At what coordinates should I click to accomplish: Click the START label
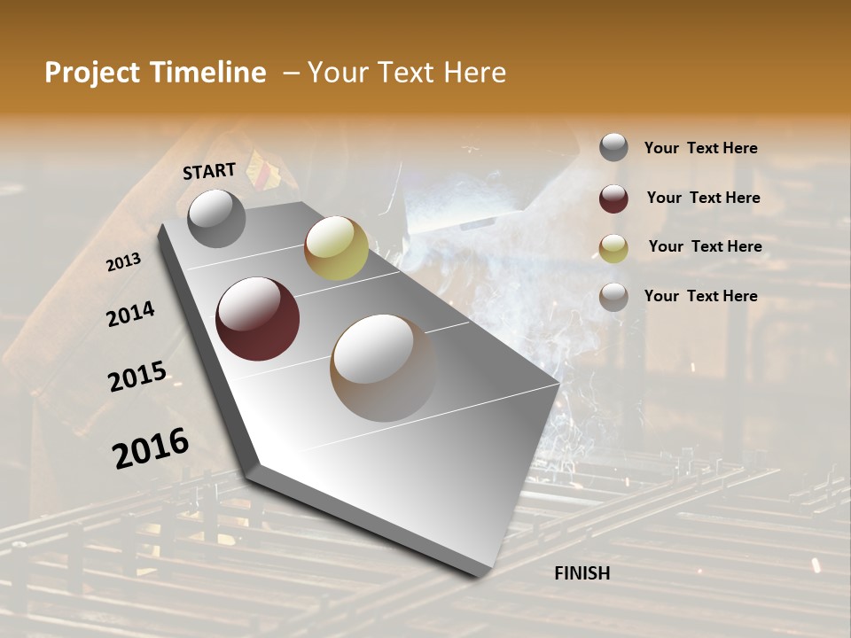point(209,171)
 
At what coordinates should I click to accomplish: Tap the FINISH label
point(582,573)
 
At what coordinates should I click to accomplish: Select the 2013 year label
point(123,261)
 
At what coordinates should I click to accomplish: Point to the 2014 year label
point(130,314)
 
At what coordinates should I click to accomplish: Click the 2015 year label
point(137,377)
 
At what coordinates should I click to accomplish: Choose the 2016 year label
point(151,447)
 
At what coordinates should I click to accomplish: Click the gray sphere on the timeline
point(216,218)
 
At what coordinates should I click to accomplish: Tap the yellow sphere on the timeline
point(336,248)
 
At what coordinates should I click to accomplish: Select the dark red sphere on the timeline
point(257,319)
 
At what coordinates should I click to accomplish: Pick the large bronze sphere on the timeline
point(383,368)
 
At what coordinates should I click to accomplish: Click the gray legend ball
point(613,147)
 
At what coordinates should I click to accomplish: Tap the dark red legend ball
point(613,198)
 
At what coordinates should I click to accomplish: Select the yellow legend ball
point(613,247)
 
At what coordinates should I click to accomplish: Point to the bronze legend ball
point(613,297)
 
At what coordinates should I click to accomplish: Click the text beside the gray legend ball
point(700,148)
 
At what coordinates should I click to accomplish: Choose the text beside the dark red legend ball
point(703,198)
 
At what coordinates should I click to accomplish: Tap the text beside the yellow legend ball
point(705,246)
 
